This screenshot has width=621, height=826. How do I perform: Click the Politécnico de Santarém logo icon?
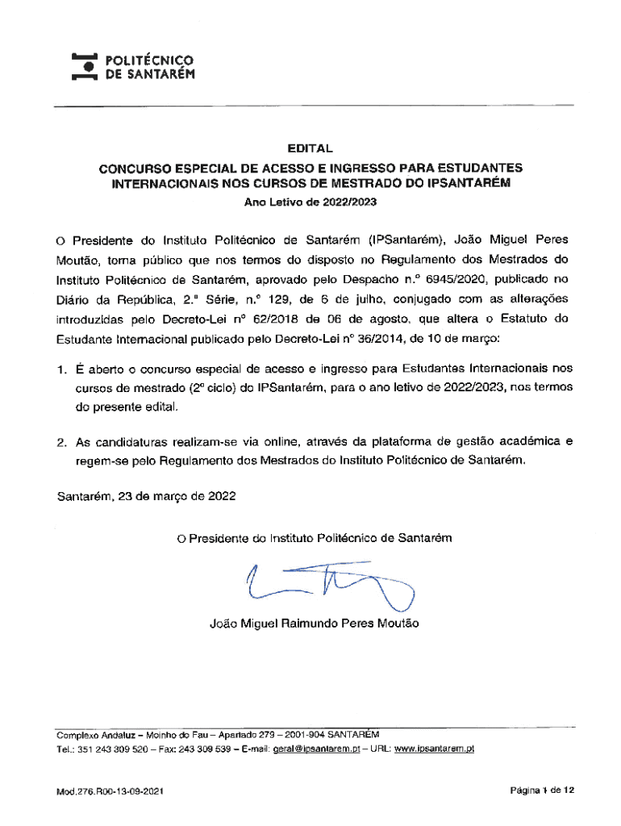pos(85,67)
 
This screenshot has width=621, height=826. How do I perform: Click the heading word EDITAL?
pos(310,148)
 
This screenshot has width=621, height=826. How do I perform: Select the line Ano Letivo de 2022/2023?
pos(310,204)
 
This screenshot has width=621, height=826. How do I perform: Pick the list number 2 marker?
pos(60,442)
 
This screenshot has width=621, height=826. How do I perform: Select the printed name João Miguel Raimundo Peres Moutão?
pos(314,624)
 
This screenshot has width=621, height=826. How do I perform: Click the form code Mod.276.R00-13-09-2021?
pos(110,793)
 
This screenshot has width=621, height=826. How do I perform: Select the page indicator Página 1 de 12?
pos(541,791)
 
